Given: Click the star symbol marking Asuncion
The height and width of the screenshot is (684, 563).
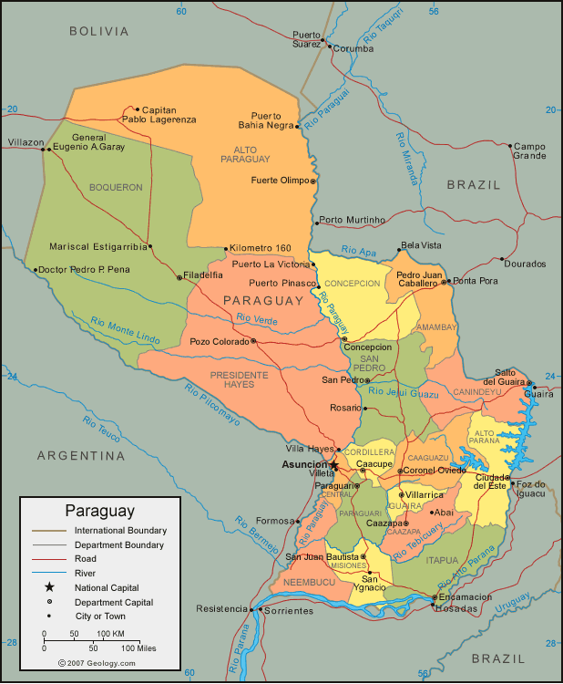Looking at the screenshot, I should tap(333, 465).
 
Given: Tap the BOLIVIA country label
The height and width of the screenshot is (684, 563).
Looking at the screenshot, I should tap(99, 31).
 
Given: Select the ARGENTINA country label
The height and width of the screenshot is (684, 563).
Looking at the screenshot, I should tap(80, 455).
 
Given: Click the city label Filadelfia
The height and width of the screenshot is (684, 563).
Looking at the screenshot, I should tap(203, 275).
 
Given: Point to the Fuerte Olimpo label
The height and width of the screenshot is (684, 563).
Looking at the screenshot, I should tap(280, 181).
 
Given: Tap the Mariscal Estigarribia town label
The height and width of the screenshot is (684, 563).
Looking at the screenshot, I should tap(97, 246).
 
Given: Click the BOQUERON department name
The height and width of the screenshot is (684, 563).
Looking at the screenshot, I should tap(116, 187).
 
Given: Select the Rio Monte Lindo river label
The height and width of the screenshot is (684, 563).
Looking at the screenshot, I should tap(125, 330).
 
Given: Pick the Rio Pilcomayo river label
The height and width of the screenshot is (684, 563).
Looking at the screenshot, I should tap(212, 405).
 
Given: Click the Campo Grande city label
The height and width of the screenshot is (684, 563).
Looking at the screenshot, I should tap(528, 150).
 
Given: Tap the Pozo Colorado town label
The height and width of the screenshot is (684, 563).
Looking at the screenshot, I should tap(219, 342).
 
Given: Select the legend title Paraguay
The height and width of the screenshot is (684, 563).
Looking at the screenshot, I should tap(99, 511).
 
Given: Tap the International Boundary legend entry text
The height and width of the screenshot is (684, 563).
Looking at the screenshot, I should tap(120, 530).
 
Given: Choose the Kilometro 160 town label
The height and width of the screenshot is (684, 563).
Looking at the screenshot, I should tap(261, 248).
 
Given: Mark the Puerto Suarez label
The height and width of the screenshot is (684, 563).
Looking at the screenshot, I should tap(306, 39).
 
